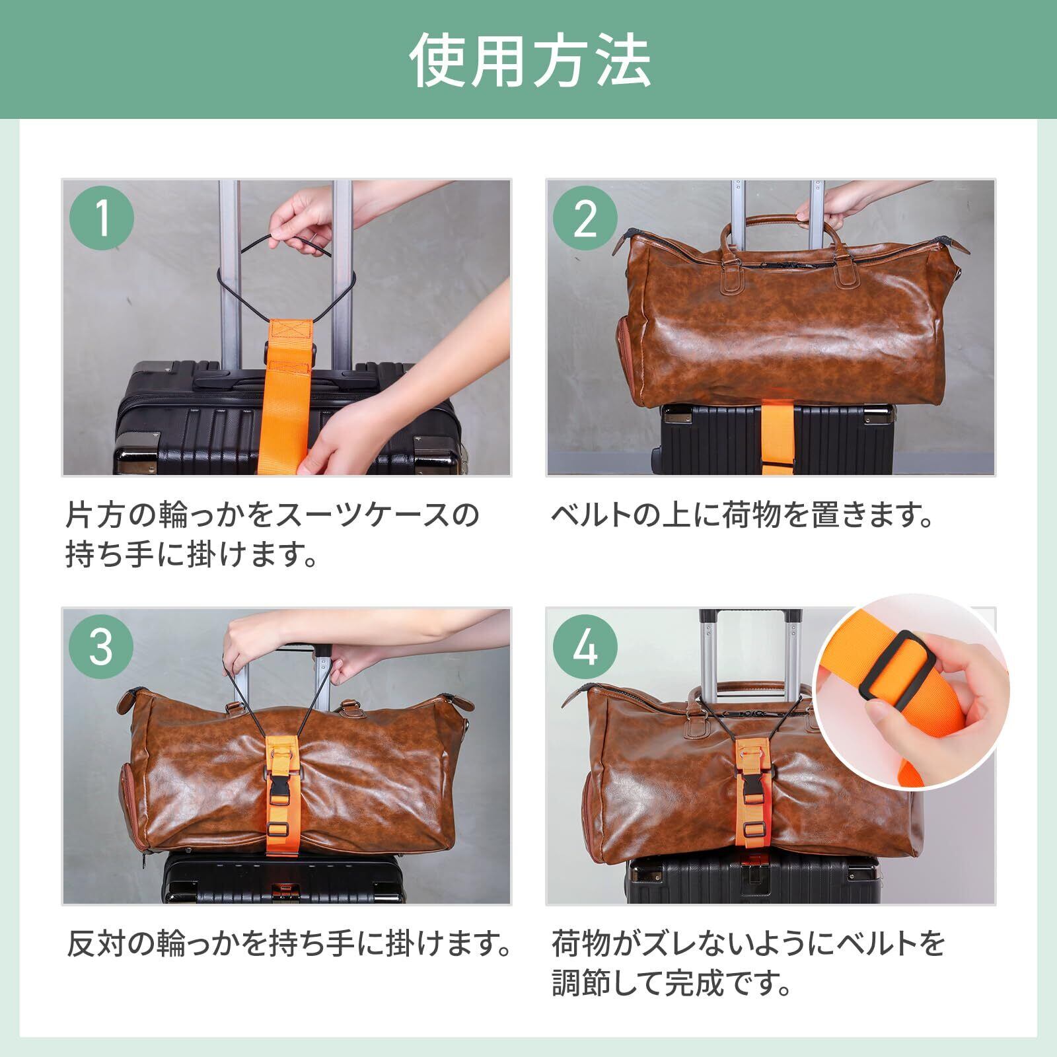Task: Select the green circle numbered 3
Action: point(102,648)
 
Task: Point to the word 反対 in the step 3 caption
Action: point(96,945)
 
